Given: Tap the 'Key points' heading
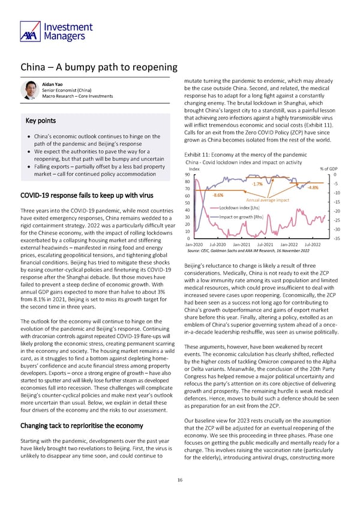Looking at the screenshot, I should click(41, 120).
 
